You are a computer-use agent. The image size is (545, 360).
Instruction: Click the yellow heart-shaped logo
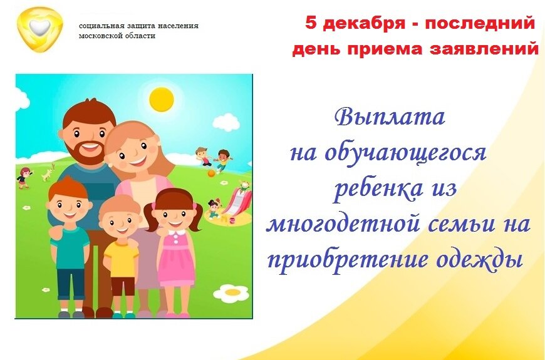(x=40, y=29)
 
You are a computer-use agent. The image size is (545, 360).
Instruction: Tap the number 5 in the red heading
(x=312, y=23)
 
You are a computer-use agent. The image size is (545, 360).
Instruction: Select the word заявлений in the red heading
(x=484, y=49)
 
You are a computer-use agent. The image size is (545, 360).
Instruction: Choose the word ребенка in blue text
(x=378, y=189)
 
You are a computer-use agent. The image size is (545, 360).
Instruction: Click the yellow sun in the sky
(x=162, y=100)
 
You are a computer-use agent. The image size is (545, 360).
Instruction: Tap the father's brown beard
(x=86, y=150)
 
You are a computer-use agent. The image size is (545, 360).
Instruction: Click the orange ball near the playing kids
(x=211, y=173)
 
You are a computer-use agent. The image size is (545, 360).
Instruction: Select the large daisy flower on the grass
(x=232, y=294)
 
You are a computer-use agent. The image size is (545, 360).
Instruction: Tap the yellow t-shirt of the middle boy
(x=122, y=259)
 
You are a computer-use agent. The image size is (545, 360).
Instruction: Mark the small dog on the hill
(x=48, y=173)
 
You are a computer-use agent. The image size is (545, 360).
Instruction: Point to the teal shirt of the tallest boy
(x=70, y=248)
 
